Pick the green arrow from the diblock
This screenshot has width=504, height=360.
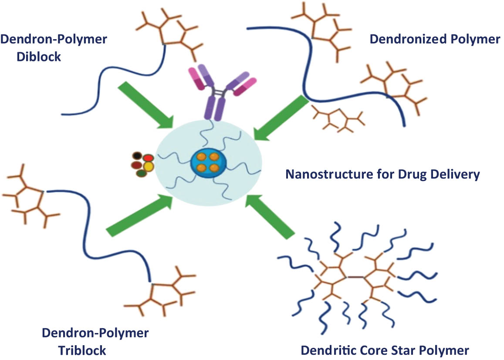click(144, 105)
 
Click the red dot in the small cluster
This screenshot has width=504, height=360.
click(149, 158)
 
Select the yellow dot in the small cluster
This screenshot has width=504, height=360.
click(149, 166)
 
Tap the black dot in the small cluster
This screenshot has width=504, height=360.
click(138, 156)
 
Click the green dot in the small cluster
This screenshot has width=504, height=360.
click(141, 173)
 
